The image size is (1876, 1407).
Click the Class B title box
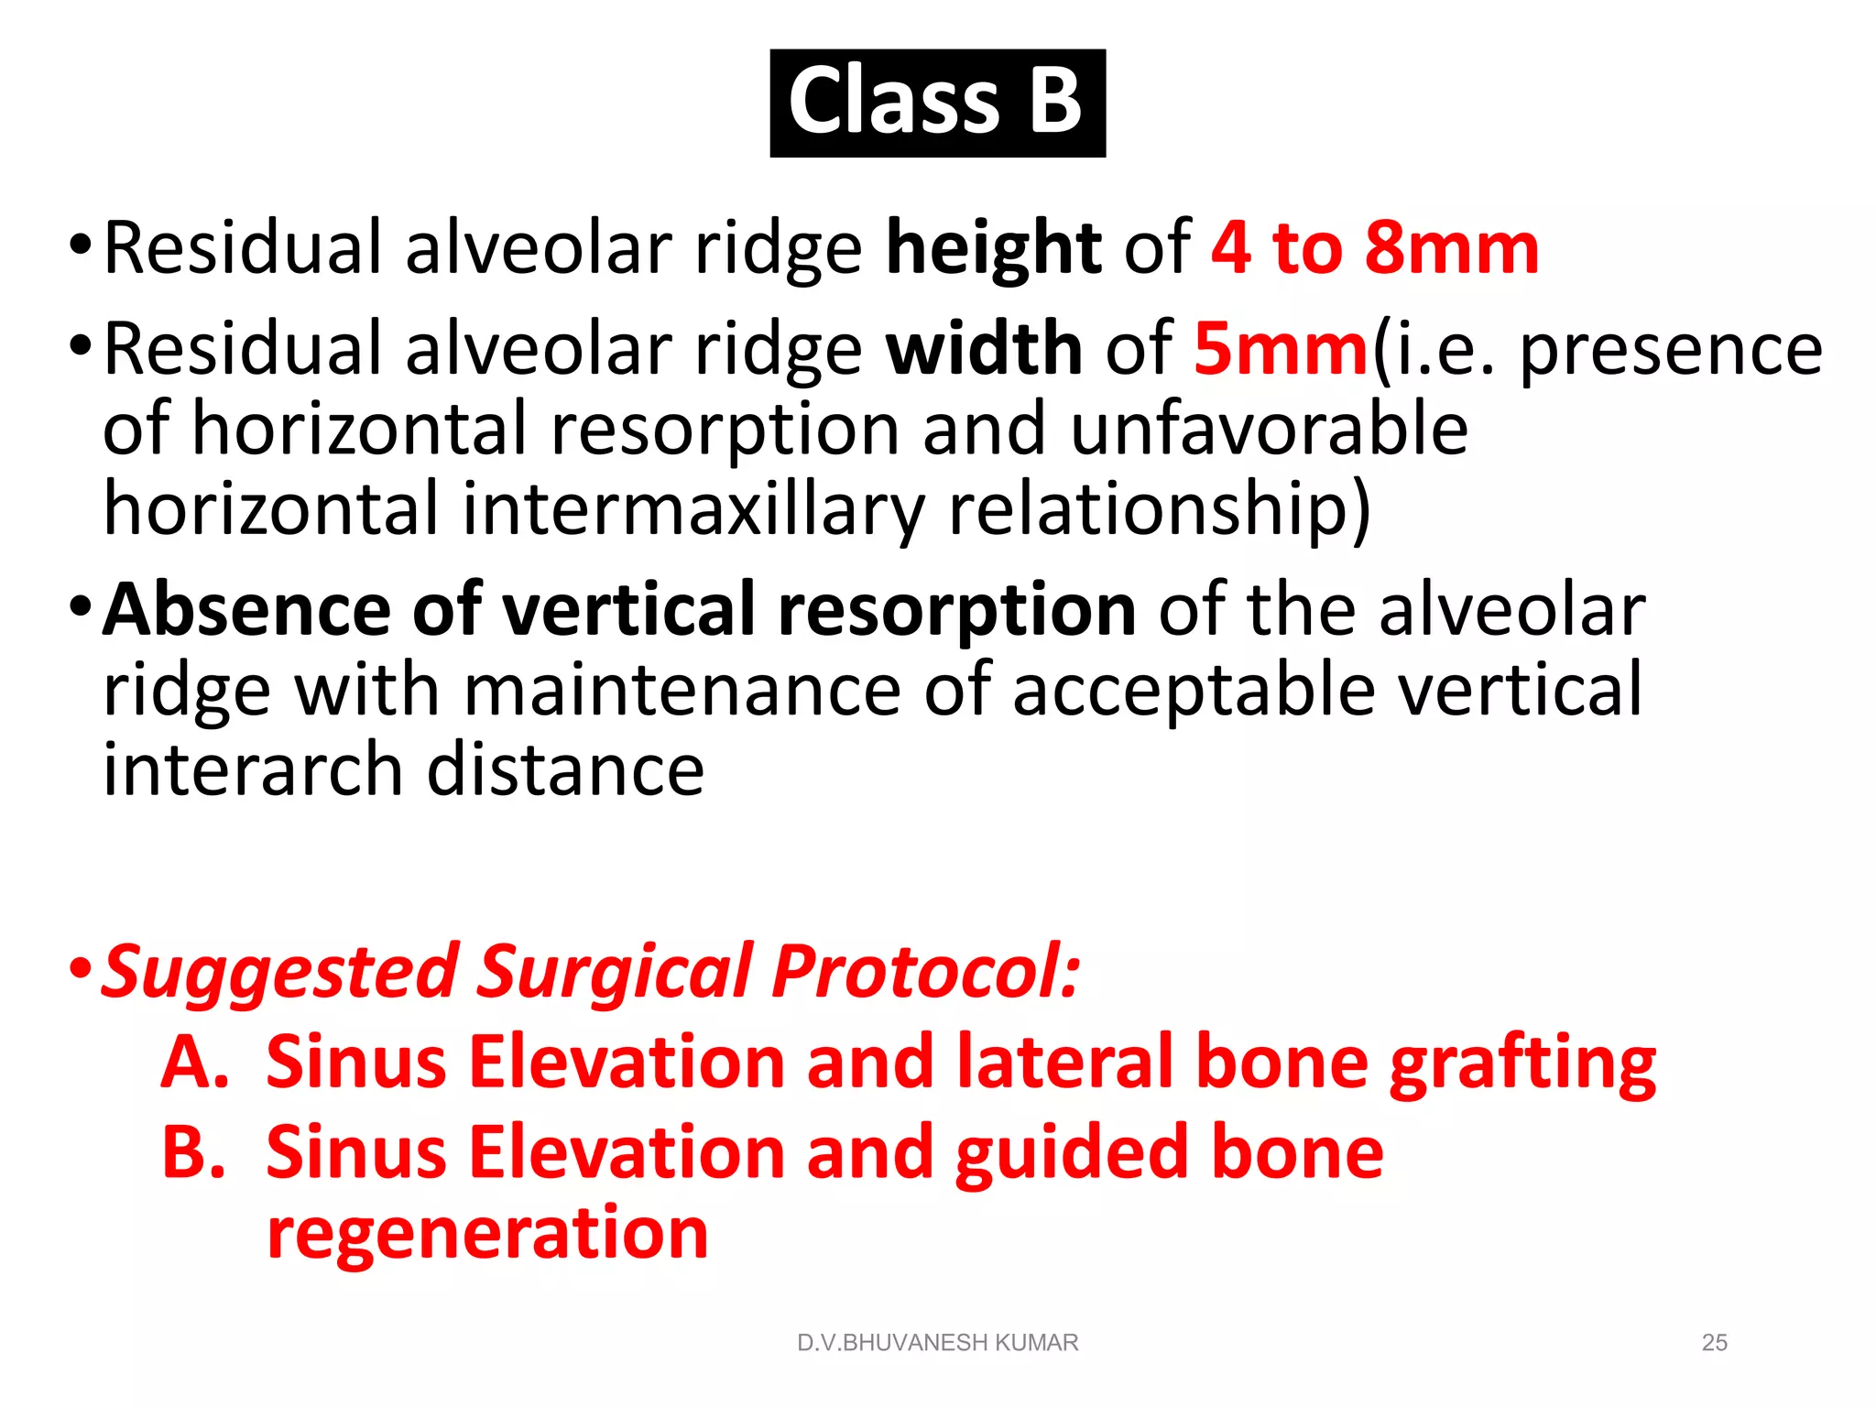point(937,103)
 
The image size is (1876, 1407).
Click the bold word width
point(984,349)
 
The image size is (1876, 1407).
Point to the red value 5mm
point(1281,349)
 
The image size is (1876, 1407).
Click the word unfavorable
point(1269,430)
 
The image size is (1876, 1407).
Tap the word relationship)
point(1160,509)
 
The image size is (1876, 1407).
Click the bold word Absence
point(247,610)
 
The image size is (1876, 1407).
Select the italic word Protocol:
point(925,972)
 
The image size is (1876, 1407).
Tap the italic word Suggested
point(279,972)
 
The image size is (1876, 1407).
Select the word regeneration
point(487,1234)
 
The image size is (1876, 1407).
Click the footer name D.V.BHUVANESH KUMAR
point(937,1343)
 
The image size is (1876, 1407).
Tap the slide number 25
point(1714,1343)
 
